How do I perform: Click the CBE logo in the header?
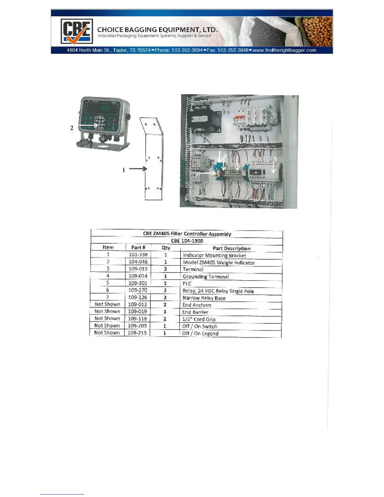click(x=77, y=31)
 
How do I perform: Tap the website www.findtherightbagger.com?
click(x=284, y=50)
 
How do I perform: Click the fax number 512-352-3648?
click(x=233, y=50)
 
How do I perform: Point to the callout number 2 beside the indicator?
click(x=72, y=128)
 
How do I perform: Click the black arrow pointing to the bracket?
click(x=138, y=169)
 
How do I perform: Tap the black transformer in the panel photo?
click(x=206, y=120)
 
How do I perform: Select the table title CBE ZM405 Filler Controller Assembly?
click(x=187, y=234)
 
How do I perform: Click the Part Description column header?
click(x=232, y=248)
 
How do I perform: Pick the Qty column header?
click(x=166, y=248)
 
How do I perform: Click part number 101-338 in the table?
click(x=138, y=254)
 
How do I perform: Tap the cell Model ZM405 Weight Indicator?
click(x=219, y=263)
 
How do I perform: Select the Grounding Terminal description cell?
click(x=205, y=276)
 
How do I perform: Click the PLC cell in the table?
click(x=187, y=283)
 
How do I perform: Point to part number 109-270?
click(x=138, y=290)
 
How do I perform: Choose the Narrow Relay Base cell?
click(x=204, y=298)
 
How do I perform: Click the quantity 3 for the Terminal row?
click(x=165, y=269)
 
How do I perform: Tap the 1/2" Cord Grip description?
click(x=199, y=319)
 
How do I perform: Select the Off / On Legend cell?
click(x=200, y=333)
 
